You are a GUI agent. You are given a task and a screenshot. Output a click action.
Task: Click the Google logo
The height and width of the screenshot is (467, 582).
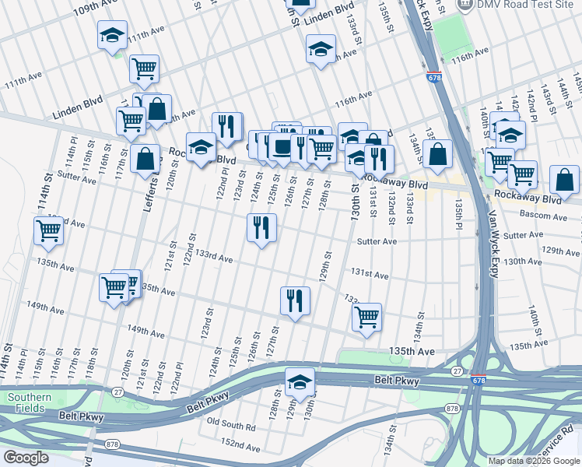pyautogui.click(x=26, y=458)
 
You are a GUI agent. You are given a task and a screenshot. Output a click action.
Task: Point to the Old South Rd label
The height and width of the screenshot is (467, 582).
pyautogui.click(x=231, y=427)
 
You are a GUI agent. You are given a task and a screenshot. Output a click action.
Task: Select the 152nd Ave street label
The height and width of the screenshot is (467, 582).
pyautogui.click(x=240, y=445)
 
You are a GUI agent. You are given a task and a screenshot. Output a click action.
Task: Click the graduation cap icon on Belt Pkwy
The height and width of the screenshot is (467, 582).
pyautogui.click(x=300, y=381)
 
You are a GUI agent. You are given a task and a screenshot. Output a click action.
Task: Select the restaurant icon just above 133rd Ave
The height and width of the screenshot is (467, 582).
pyautogui.click(x=261, y=227)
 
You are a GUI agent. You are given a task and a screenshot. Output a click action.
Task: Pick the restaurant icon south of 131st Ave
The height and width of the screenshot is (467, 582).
pyautogui.click(x=294, y=300)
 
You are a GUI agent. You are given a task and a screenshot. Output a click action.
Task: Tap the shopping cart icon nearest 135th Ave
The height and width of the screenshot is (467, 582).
pyautogui.click(x=366, y=316)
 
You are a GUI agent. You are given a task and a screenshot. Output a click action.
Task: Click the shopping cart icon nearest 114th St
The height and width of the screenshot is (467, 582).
pyautogui.click(x=49, y=230)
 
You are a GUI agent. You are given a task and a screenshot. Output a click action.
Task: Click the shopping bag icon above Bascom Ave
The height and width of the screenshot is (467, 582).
pyautogui.click(x=563, y=179)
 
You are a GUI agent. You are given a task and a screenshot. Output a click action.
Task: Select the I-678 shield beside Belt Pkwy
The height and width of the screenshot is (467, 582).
pyautogui.click(x=479, y=379)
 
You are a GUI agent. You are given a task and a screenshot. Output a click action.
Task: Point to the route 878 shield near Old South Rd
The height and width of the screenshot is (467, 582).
pyautogui.click(x=452, y=408)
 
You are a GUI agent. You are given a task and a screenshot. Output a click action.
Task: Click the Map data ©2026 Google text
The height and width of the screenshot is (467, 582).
pyautogui.click(x=533, y=461)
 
